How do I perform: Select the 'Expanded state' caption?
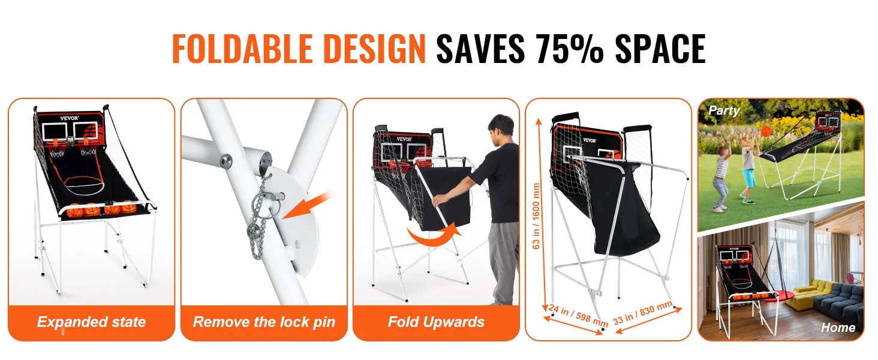pos(91,322)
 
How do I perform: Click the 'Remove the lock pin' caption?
pos(264,322)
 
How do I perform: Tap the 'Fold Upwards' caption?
pos(436,322)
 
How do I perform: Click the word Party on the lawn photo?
pos(724,111)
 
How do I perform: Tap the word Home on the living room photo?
pos(838,328)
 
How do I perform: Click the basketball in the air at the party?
pos(766,131)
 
